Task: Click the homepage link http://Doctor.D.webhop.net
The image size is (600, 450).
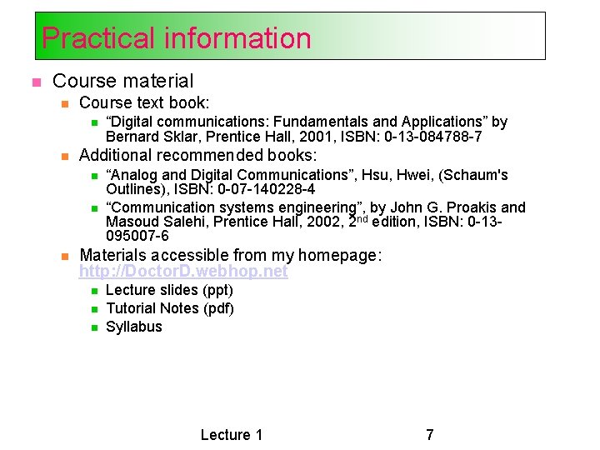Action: click(183, 272)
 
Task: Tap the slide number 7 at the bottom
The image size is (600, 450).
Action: click(429, 434)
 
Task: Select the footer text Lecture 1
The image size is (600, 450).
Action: click(232, 434)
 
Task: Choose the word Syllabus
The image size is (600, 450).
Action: click(134, 327)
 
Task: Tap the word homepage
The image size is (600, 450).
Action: click(340, 255)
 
